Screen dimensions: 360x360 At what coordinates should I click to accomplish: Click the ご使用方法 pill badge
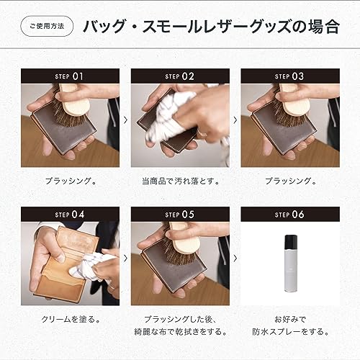[47, 28]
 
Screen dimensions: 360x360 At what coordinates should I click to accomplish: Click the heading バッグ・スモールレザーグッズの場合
[211, 28]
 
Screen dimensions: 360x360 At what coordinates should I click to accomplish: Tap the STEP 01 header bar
[69, 76]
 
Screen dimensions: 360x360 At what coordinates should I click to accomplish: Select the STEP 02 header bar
[179, 76]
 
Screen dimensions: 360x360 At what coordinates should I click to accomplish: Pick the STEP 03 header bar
[289, 76]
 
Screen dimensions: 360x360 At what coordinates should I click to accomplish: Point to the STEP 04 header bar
[69, 214]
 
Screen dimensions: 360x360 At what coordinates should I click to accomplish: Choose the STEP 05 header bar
[179, 214]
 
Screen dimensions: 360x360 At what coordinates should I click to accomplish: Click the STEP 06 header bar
[289, 214]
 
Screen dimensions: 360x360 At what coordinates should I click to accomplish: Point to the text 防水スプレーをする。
[289, 332]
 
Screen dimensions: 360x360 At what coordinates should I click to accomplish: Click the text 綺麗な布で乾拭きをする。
[179, 332]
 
